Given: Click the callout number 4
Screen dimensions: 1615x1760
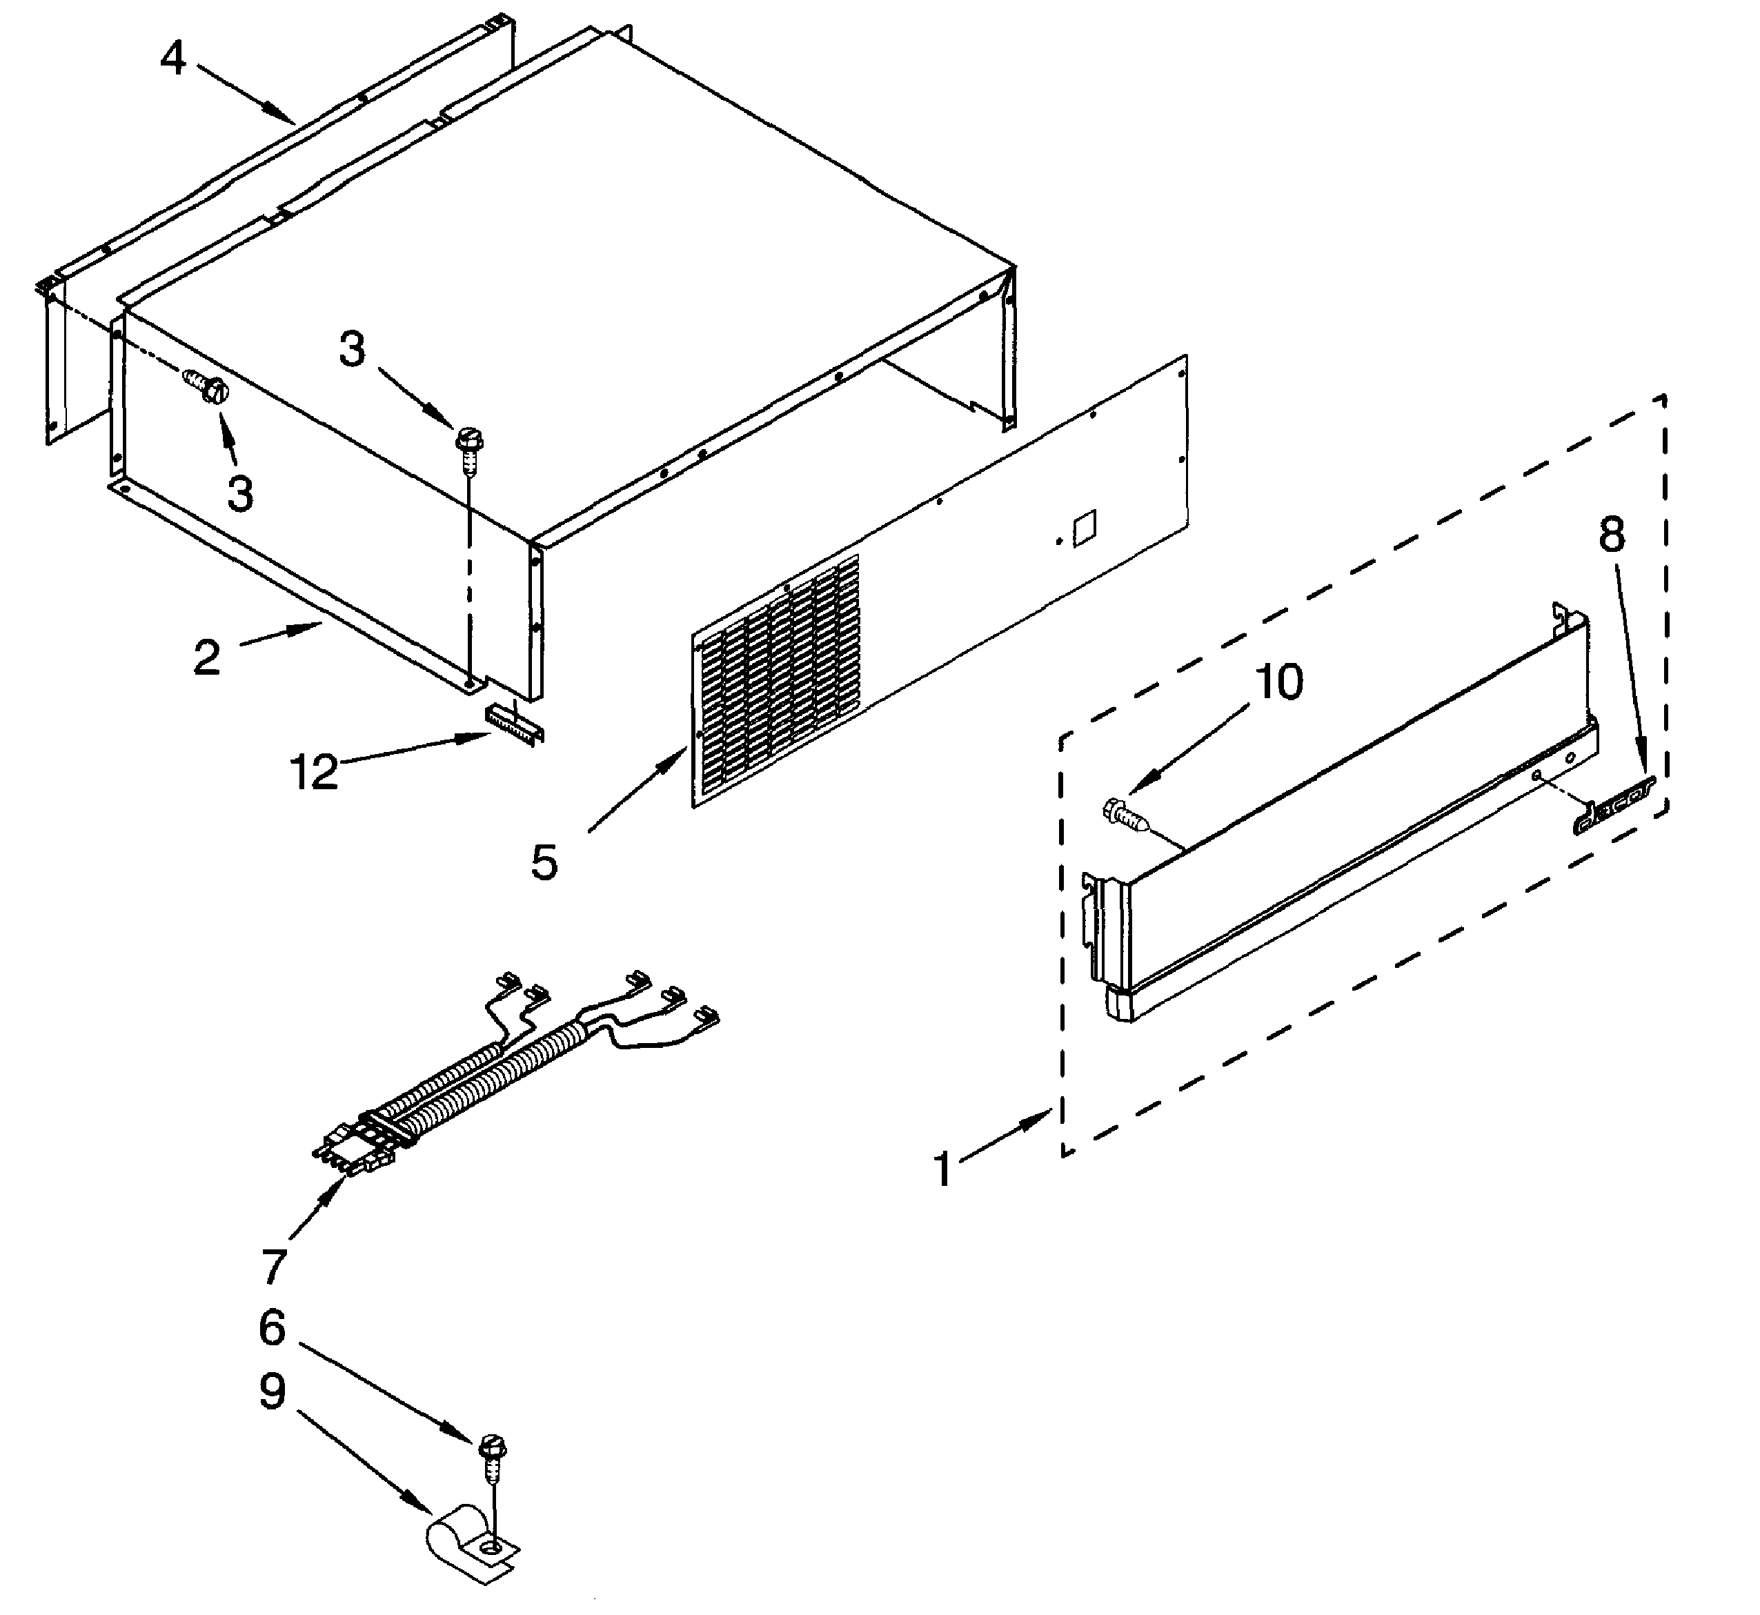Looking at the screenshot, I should (173, 59).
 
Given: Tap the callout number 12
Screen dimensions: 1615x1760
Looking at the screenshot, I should (314, 772).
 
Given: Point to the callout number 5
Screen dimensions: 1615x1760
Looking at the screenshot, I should (544, 862).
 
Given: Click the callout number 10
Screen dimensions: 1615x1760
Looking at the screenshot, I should (1278, 682).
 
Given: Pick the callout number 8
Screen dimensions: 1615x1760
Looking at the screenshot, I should (1612, 534).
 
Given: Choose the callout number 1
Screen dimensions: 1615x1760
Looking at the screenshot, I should (942, 1169).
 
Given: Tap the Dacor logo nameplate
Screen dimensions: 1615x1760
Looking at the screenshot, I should (1612, 805).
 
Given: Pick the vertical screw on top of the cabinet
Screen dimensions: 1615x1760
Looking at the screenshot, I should (468, 445).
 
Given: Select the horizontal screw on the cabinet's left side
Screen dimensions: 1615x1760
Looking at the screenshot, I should (206, 388).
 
